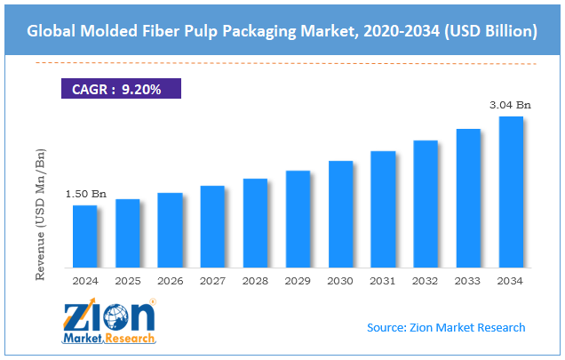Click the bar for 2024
point(84,236)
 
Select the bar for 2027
point(212,227)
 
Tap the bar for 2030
point(340,214)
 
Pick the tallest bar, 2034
point(511,192)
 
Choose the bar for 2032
point(426,204)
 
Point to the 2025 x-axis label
point(127,280)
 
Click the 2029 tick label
point(298,280)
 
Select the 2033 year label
point(468,280)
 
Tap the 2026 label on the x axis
point(170,280)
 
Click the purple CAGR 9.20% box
point(121,89)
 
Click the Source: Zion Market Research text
point(447,327)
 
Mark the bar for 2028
point(255,223)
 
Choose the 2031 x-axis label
point(383,280)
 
